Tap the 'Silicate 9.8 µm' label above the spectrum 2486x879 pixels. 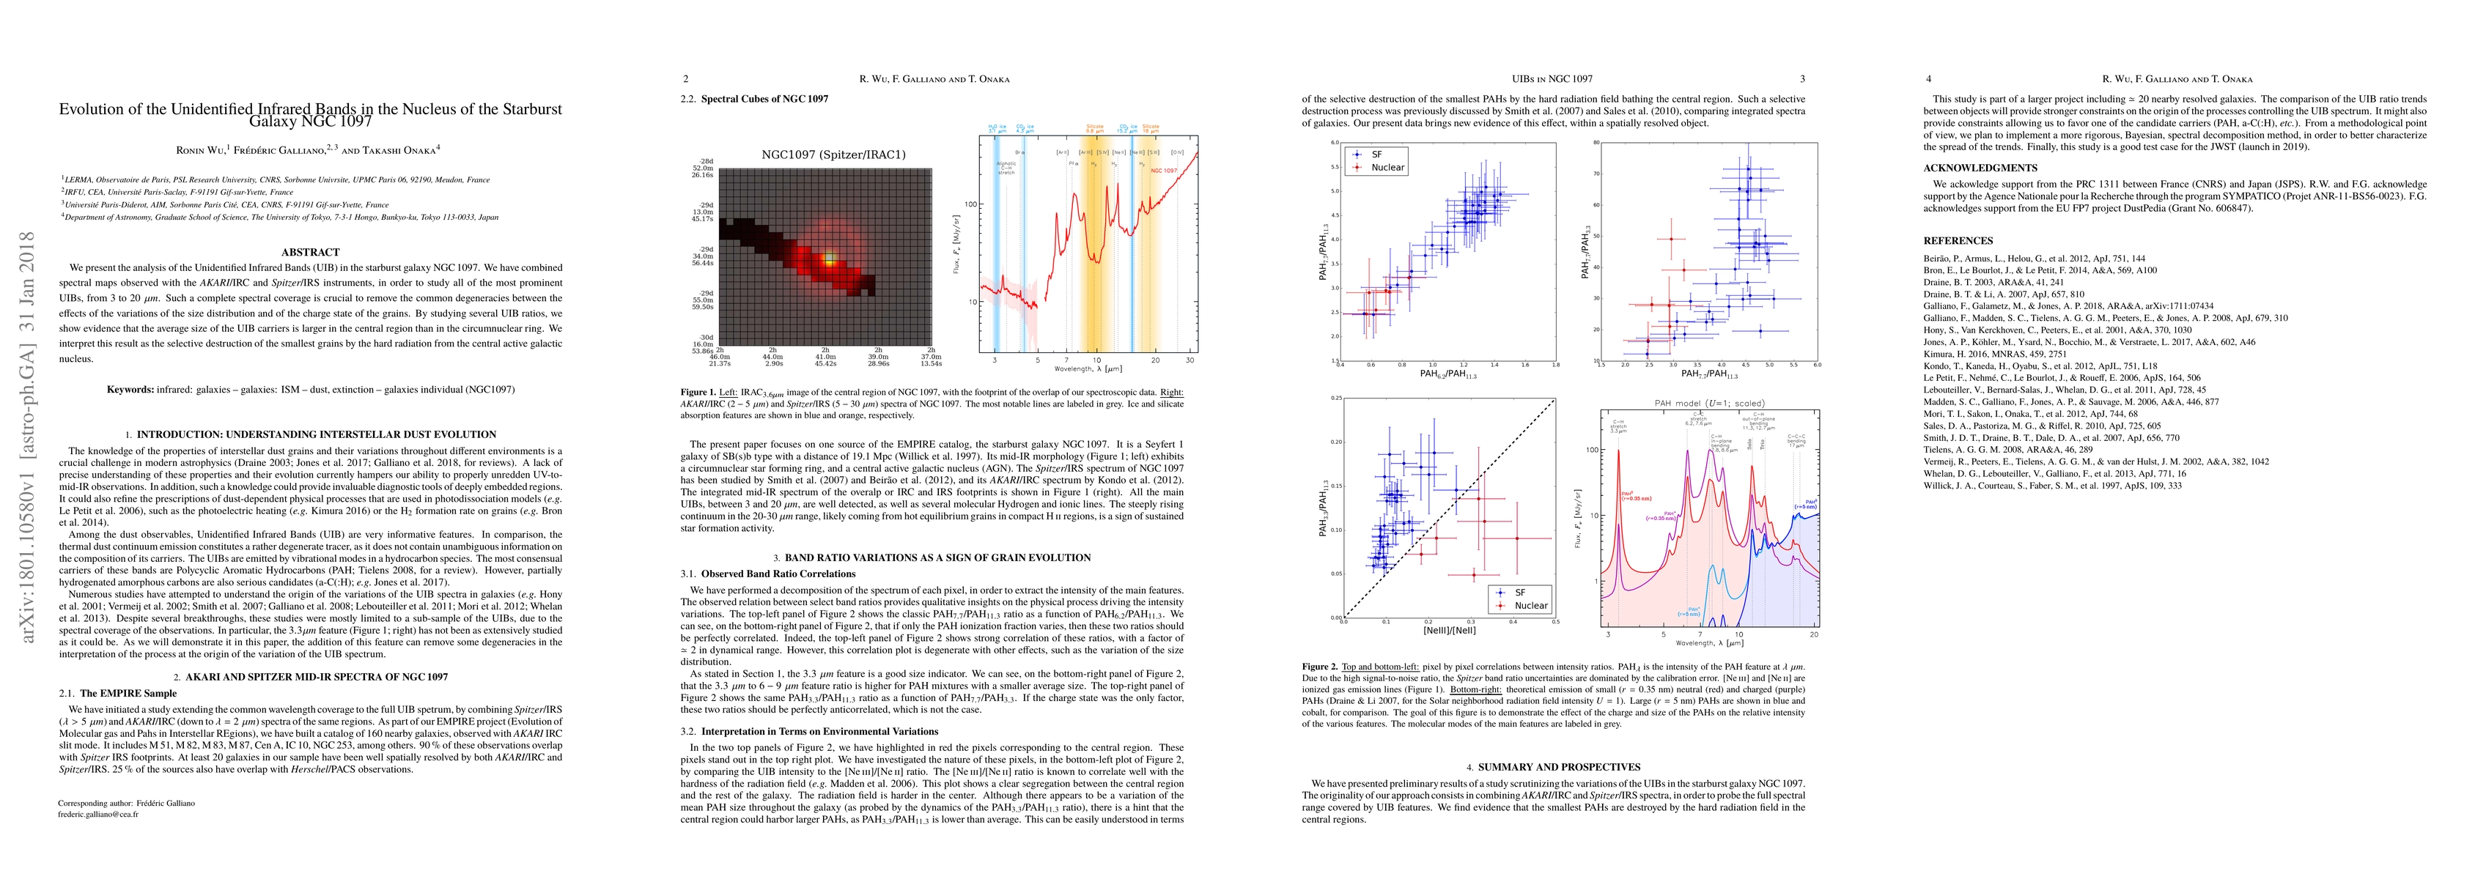[x=1094, y=128]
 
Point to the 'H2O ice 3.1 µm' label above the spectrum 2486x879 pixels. [x=994, y=128]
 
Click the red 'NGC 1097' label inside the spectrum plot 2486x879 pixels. [x=1164, y=171]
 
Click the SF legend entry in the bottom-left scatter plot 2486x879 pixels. [x=1520, y=593]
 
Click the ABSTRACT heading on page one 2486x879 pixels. [x=310, y=253]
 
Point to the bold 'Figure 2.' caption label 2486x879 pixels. [x=1320, y=667]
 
